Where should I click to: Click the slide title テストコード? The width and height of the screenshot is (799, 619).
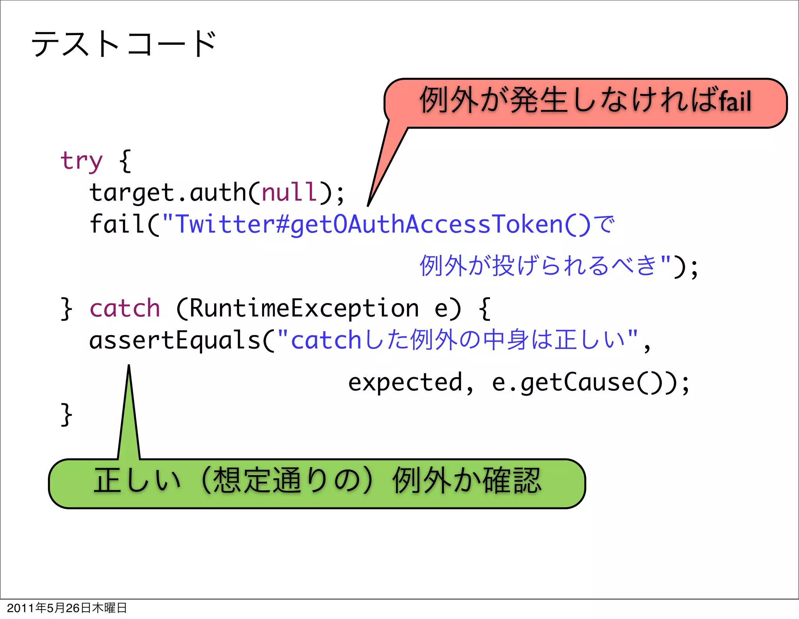pyautogui.click(x=124, y=44)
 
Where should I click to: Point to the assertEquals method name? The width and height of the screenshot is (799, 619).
pyautogui.click(x=175, y=340)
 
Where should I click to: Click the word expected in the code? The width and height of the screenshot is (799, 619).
pyautogui.click(x=405, y=382)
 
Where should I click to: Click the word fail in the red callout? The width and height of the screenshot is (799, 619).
pyautogui.click(x=735, y=101)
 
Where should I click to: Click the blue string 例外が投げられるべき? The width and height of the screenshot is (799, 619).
pyautogui.click(x=538, y=266)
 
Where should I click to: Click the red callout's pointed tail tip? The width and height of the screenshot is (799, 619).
pyautogui.click(x=368, y=204)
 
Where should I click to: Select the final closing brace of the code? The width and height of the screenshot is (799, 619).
pyautogui.click(x=66, y=414)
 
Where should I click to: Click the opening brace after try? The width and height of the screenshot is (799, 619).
pyautogui.click(x=125, y=161)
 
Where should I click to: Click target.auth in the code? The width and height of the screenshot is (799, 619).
pyautogui.click(x=168, y=193)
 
